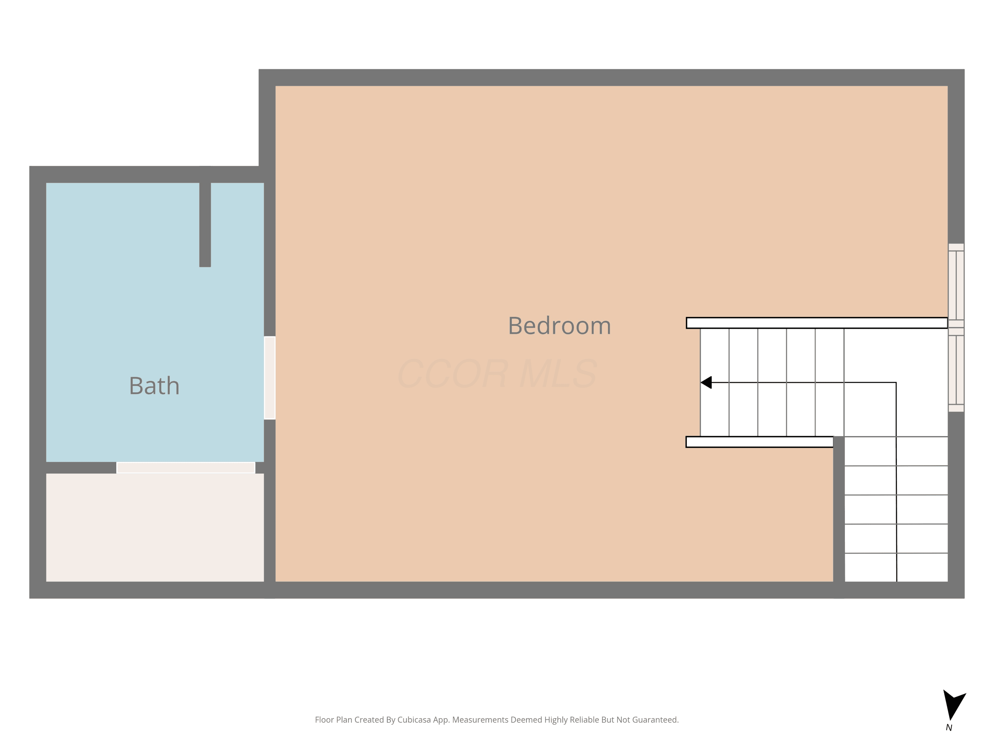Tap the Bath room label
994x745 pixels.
[154, 386]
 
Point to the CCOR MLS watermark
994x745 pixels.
[497, 373]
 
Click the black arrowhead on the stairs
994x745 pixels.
[706, 383]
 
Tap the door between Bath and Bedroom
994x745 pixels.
[270, 378]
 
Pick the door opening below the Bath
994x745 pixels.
[186, 468]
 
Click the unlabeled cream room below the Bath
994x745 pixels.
[155, 528]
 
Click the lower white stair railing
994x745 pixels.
[759, 442]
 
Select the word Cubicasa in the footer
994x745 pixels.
[414, 720]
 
